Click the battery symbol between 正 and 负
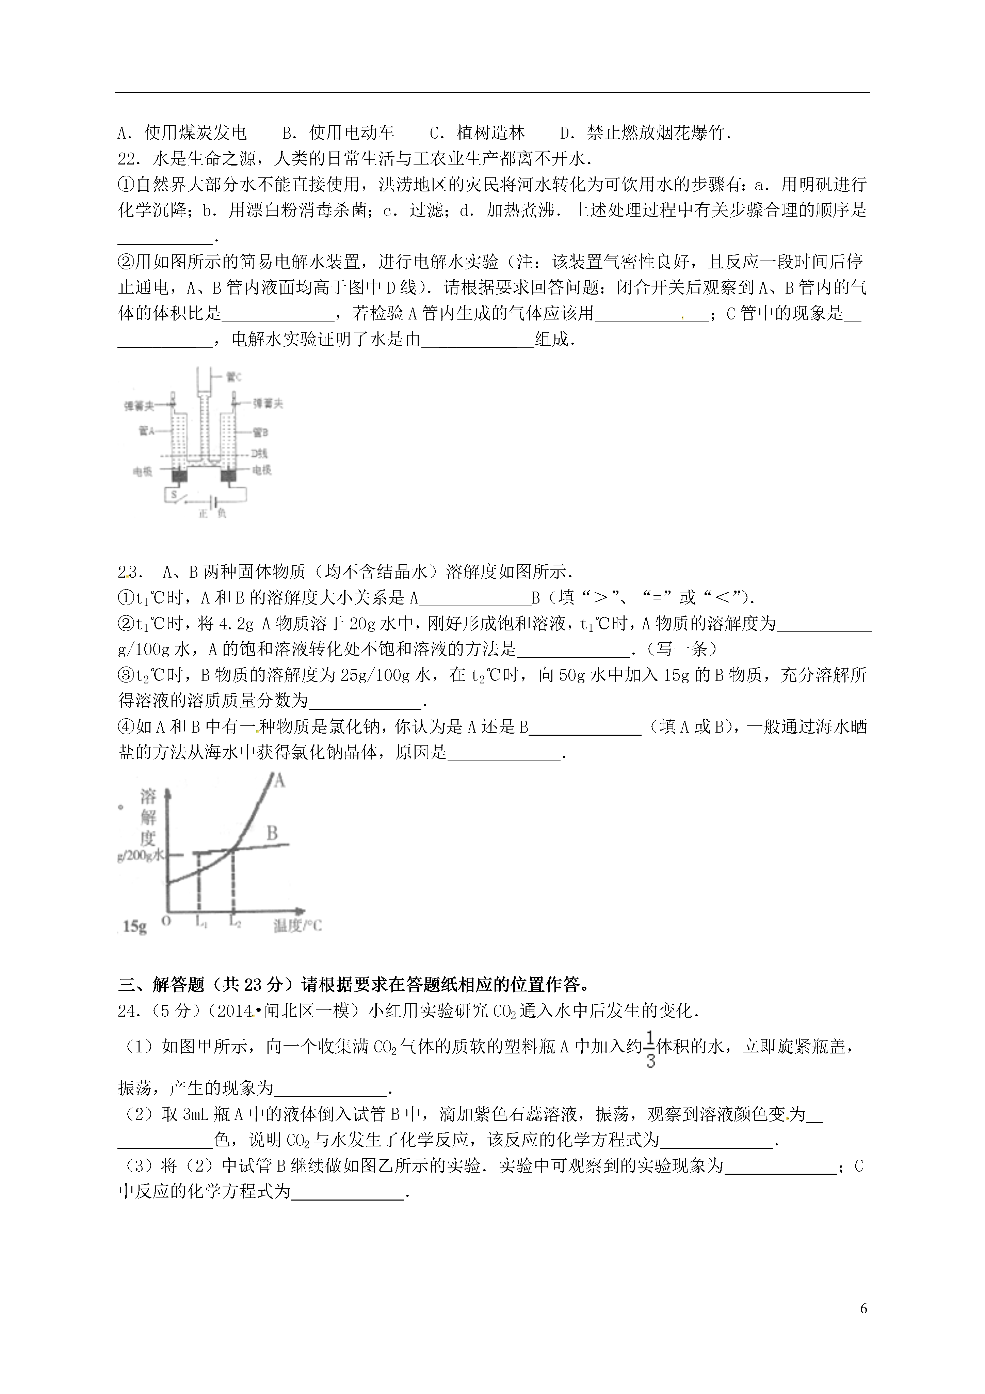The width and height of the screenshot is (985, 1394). pos(212,501)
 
